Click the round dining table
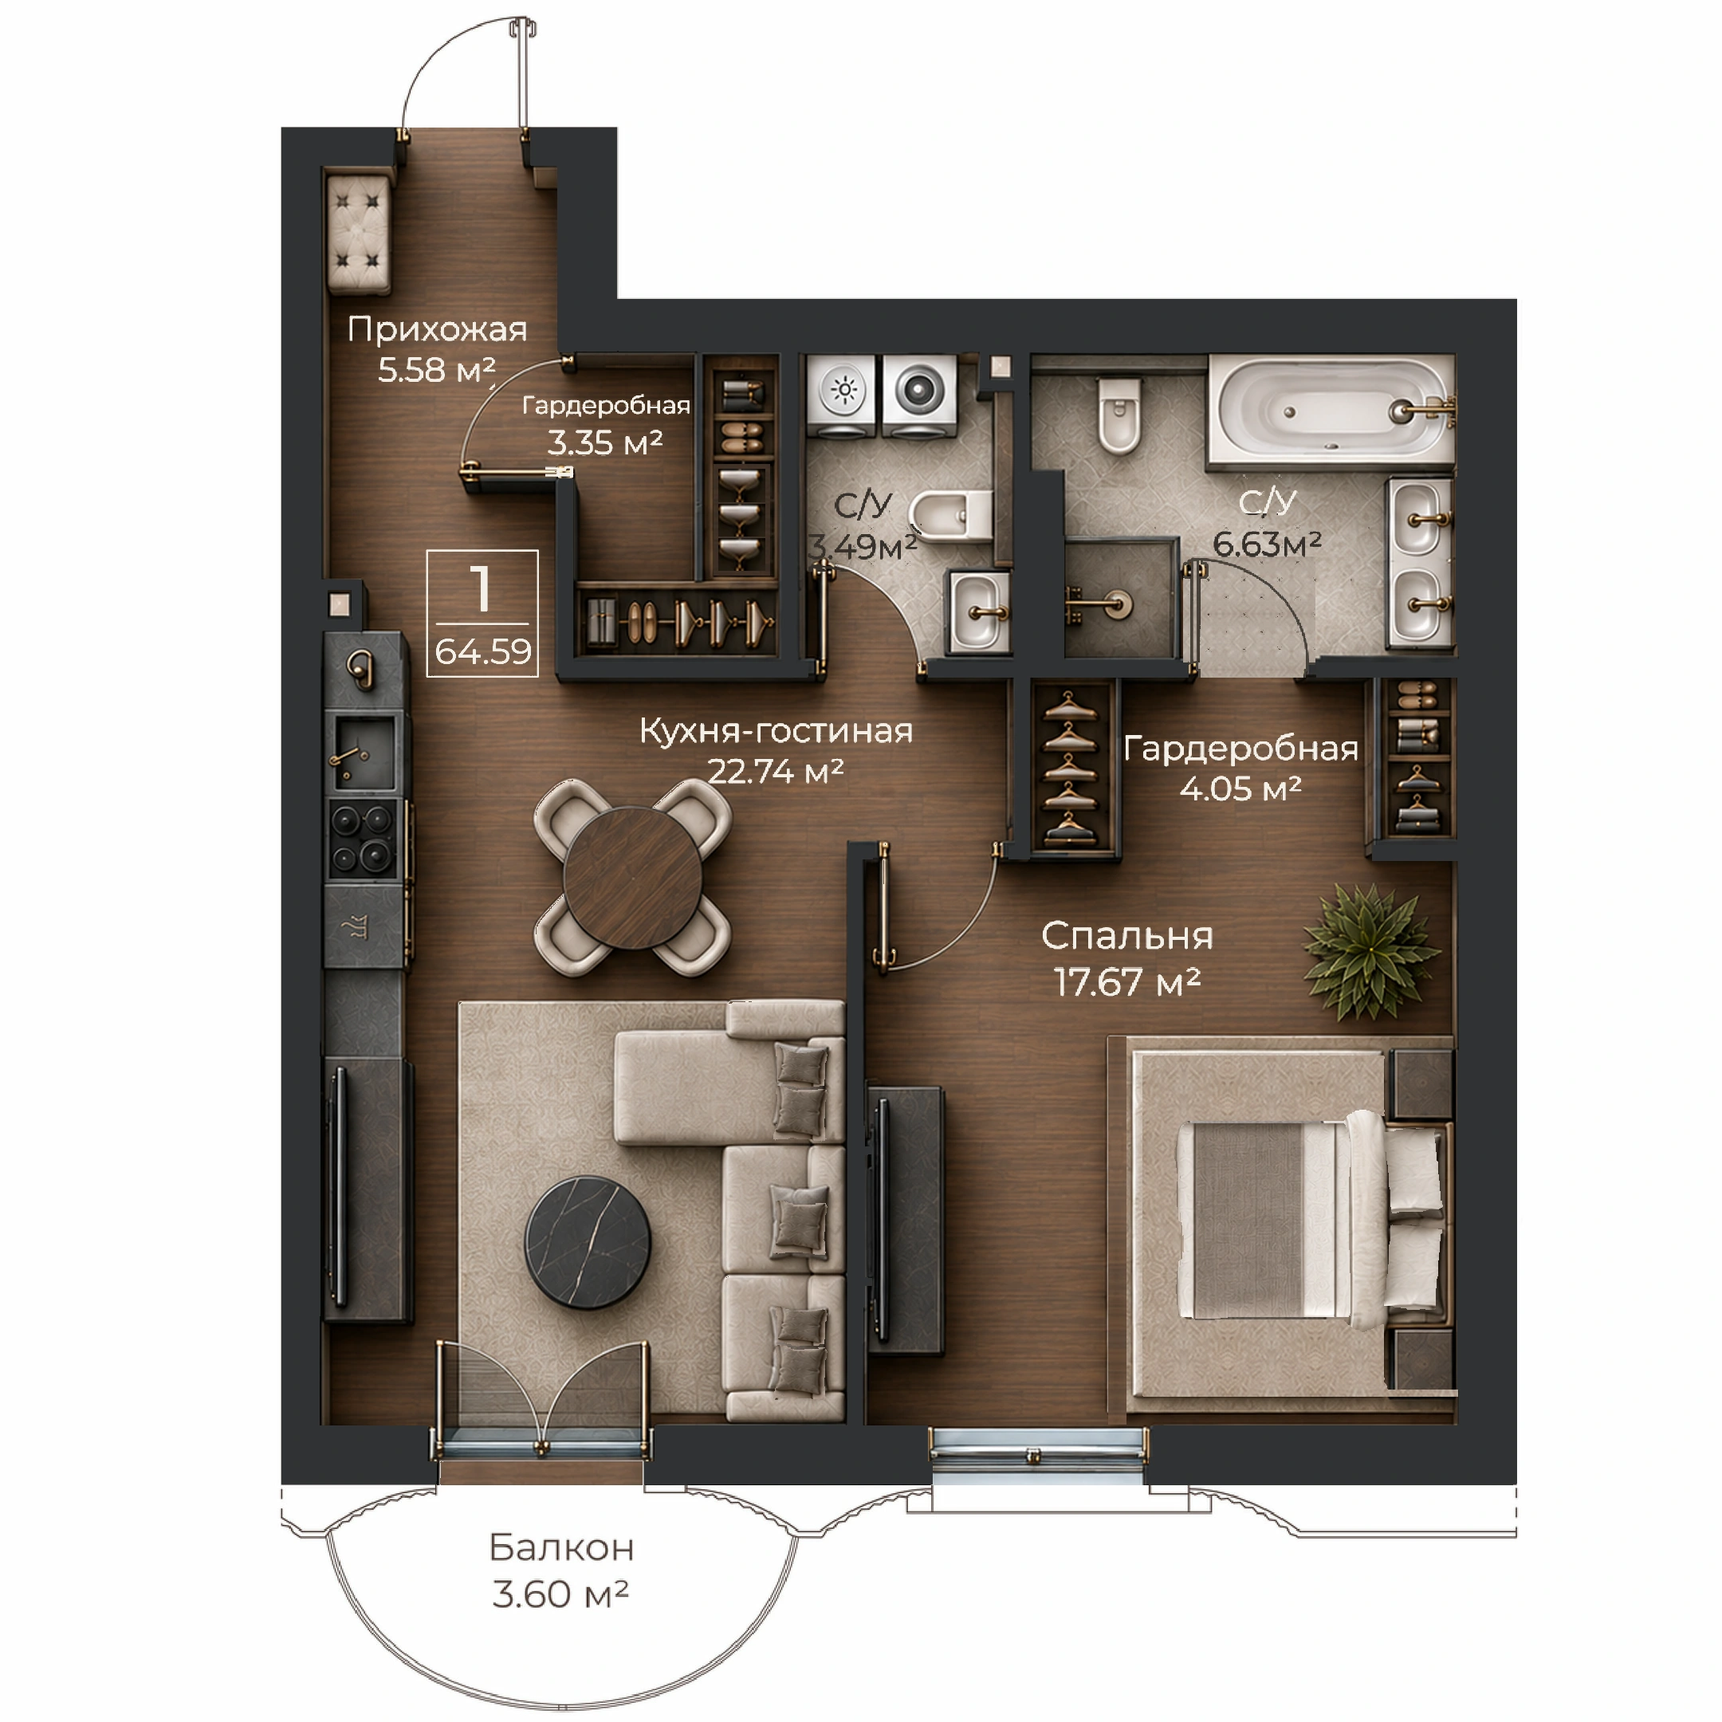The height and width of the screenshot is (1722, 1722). coord(633,878)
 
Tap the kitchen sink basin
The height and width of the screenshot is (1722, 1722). coord(363,753)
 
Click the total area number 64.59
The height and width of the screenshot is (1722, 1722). coord(483,651)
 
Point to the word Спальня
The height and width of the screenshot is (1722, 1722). coord(1126,936)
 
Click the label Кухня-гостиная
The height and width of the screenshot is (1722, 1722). coord(776,731)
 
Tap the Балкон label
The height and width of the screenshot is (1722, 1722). coord(561,1548)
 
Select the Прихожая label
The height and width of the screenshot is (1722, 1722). coord(437,329)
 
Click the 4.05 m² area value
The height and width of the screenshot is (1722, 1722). coord(1240,788)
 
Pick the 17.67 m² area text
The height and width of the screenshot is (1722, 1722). coord(1127,982)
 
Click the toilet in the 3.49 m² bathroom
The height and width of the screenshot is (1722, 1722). coord(951,515)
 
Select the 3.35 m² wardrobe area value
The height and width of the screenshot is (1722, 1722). coord(604,442)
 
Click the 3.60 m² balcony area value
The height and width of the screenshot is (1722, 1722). coord(560,1594)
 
